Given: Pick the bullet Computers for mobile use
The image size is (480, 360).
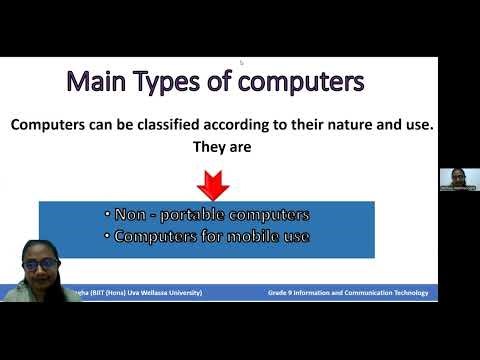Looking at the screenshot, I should [x=205, y=237].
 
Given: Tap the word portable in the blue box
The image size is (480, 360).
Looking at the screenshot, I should [x=185, y=214].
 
